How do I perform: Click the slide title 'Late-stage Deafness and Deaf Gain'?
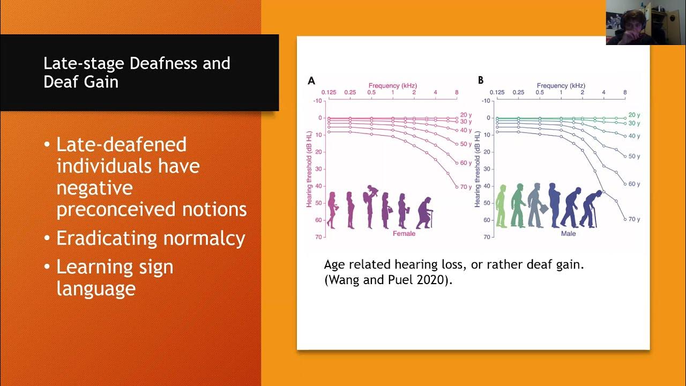[x=137, y=72]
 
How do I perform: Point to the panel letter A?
[x=311, y=81]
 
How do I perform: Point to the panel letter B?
[x=481, y=80]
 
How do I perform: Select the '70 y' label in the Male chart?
[x=634, y=219]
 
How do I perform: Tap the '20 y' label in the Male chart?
[x=634, y=115]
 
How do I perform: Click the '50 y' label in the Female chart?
[x=466, y=144]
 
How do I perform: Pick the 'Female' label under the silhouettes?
[x=404, y=234]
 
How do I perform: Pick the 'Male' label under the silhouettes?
[x=569, y=234]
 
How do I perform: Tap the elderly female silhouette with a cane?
[x=424, y=212]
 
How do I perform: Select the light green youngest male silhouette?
[x=502, y=206]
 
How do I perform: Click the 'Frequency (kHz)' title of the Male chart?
[x=561, y=85]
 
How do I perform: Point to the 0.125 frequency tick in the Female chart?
[x=329, y=93]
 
